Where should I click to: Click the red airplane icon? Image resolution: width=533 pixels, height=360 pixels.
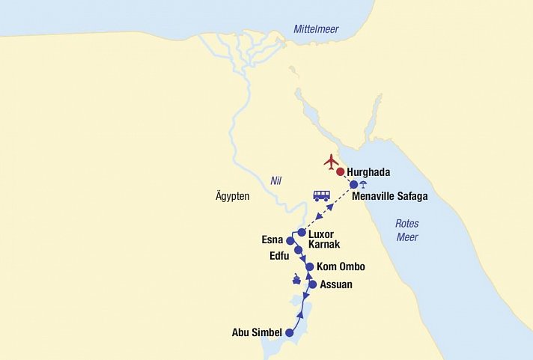tap(331, 161)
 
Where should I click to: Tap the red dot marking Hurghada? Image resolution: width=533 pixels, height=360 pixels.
tap(340, 172)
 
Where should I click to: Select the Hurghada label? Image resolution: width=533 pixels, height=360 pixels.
tap(368, 172)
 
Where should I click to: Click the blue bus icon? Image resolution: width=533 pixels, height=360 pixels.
tap(321, 196)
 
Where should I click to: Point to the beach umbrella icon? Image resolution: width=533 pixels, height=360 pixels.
tap(364, 185)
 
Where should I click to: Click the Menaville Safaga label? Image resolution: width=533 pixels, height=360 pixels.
tap(390, 197)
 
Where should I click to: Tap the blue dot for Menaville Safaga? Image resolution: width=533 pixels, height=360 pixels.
tap(354, 184)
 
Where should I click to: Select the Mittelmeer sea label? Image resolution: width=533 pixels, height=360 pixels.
tap(315, 29)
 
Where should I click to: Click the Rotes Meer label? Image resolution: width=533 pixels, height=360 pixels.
tap(407, 231)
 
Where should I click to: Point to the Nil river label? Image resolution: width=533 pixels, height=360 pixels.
tap(277, 180)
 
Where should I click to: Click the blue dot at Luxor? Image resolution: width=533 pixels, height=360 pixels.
tap(302, 233)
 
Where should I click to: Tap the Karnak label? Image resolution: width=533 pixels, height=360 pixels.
tap(324, 244)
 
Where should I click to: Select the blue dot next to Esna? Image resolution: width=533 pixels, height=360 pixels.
tap(290, 241)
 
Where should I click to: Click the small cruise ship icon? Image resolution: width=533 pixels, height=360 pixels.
tap(297, 281)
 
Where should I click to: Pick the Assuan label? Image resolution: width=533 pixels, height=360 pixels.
tap(335, 284)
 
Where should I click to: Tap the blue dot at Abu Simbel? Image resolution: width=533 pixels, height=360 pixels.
tap(290, 332)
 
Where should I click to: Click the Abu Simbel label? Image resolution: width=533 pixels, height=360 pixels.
tap(257, 332)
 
